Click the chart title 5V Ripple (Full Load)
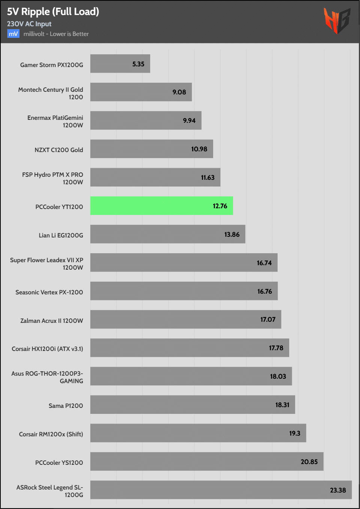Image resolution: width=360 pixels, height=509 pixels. [53, 12]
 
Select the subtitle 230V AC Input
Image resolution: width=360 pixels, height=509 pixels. [29, 24]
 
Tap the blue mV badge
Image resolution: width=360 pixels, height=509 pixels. [13, 34]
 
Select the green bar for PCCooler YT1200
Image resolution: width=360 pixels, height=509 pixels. [161, 206]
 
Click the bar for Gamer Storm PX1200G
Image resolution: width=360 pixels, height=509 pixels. [120, 64]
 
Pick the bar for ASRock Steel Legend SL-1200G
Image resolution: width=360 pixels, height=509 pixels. [221, 490]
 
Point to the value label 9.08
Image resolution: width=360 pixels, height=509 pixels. [179, 92]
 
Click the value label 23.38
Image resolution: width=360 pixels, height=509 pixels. [338, 490]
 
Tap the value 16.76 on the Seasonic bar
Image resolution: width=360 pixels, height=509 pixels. [264, 291]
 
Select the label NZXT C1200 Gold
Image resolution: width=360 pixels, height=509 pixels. [59, 150]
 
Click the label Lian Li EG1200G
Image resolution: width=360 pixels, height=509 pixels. [61, 235]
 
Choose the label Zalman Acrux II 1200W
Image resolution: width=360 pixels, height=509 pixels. [52, 321]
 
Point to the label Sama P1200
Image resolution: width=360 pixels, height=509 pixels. [66, 406]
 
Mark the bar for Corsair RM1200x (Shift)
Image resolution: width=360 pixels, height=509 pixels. [198, 433]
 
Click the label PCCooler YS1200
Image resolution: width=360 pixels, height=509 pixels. [59, 463]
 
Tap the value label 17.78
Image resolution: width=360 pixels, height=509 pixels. [276, 348]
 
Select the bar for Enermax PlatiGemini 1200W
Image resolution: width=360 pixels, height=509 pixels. [146, 120]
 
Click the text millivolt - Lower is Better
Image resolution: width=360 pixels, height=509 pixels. [56, 34]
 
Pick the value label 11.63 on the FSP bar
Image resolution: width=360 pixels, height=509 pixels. [208, 178]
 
